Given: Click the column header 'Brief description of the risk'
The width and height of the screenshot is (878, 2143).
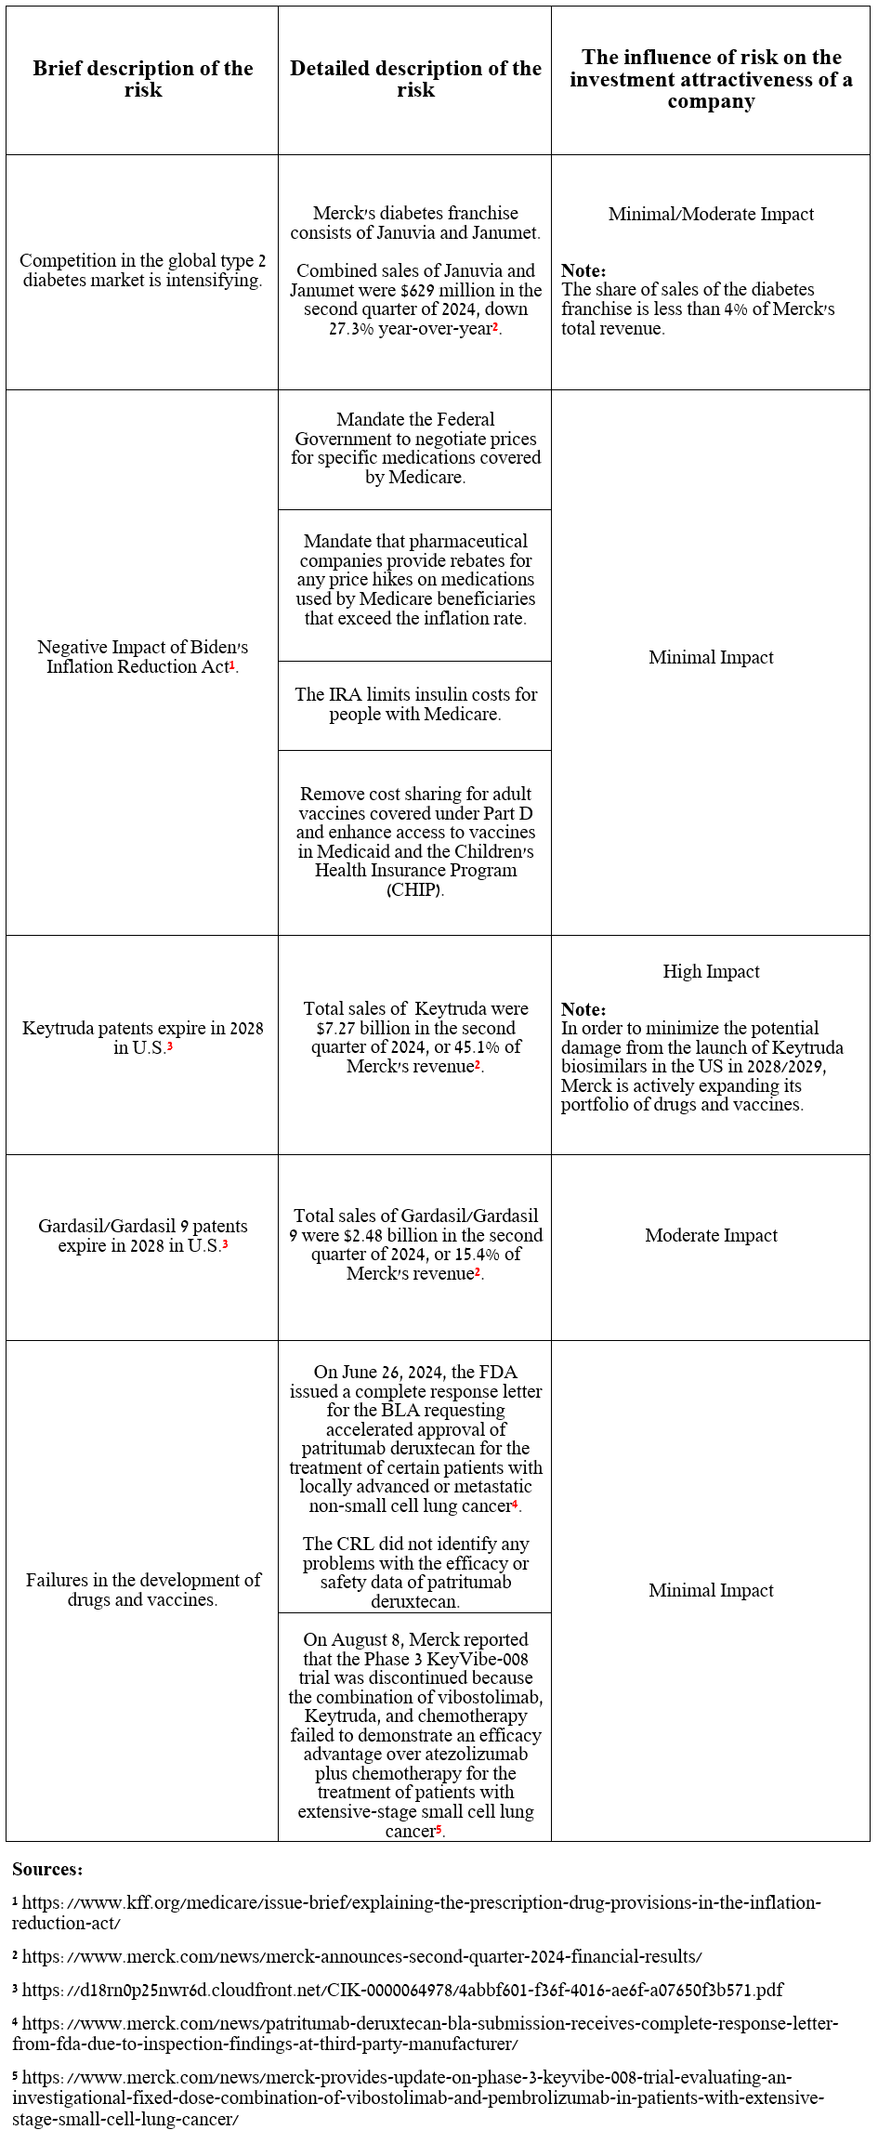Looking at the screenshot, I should tap(142, 79).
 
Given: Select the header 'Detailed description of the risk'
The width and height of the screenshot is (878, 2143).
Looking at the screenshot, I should tap(415, 79).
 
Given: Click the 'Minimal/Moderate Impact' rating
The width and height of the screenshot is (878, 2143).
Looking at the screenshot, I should tap(711, 214).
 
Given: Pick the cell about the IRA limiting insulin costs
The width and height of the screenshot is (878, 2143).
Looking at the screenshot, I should tap(415, 704).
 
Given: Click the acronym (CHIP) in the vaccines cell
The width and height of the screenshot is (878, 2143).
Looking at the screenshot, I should tap(414, 890).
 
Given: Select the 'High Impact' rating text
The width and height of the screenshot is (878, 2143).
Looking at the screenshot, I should tap(711, 971).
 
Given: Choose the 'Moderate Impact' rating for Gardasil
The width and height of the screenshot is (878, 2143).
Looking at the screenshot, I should tap(711, 1235).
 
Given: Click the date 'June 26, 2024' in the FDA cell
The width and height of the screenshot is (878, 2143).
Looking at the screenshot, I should tap(394, 1372).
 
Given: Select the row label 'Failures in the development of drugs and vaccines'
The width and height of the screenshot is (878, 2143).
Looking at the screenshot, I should tap(142, 1589).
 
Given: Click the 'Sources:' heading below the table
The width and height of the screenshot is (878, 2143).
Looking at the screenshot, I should tap(47, 1869).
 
